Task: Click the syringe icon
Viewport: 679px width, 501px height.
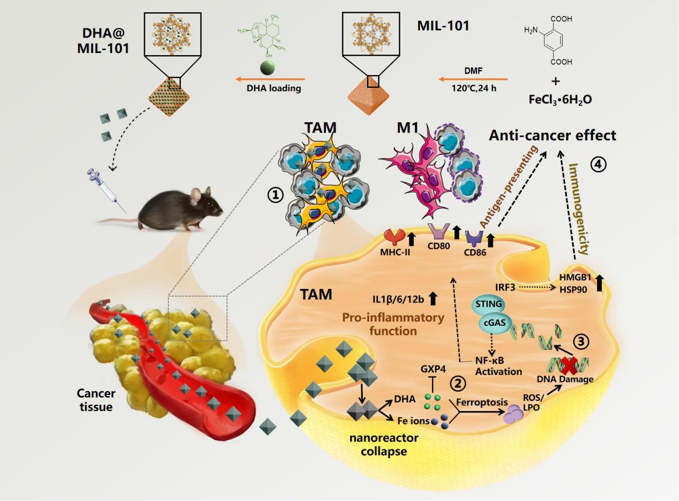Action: (107, 188)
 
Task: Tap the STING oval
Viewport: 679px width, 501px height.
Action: (488, 305)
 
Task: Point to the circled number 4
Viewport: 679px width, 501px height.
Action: (599, 165)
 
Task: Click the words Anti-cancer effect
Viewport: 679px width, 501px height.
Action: (553, 136)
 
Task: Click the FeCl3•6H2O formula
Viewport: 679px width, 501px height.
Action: (556, 99)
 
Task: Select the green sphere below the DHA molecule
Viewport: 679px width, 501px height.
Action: (267, 69)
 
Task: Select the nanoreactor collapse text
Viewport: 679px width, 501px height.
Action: (384, 444)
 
